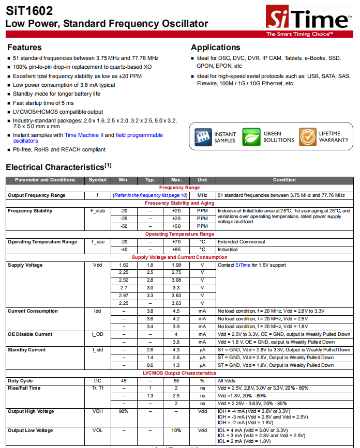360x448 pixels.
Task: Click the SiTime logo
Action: [x=308, y=20]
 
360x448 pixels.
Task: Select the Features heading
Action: [x=24, y=48]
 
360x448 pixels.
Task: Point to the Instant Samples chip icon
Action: [x=203, y=137]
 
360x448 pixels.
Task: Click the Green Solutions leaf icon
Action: [x=252, y=137]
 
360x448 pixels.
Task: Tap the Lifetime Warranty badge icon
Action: [x=307, y=137]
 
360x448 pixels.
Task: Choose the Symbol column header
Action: [x=98, y=180]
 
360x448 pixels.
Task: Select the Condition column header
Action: [x=284, y=180]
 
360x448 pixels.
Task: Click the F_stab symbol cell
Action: [x=98, y=211]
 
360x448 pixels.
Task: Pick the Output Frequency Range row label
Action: [x=36, y=195]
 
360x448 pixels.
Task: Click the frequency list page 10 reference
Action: [x=151, y=195]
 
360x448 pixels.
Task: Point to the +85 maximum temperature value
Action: [x=176, y=250]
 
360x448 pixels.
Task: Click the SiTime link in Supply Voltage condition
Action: [x=243, y=265]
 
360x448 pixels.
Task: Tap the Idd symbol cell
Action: [x=98, y=311]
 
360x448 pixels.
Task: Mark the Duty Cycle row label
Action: [x=20, y=380]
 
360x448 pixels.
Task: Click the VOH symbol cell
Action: [x=98, y=411]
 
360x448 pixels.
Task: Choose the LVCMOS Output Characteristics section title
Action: [x=179, y=373]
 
